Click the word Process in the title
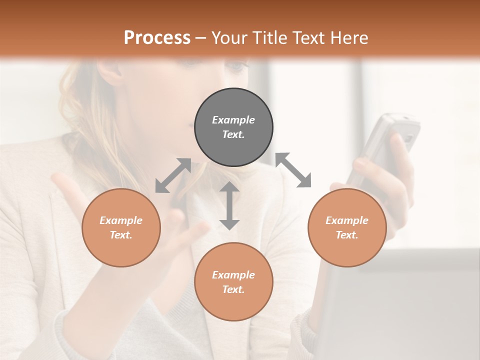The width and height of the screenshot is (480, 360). pyautogui.click(x=157, y=38)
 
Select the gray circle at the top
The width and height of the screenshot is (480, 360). pyautogui.click(x=233, y=127)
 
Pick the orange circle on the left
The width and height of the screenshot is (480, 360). pyautogui.click(x=121, y=227)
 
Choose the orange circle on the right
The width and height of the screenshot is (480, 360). pyautogui.click(x=347, y=227)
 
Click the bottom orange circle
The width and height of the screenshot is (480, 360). pyautogui.click(x=233, y=282)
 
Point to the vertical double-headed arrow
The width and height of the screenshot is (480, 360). pyautogui.click(x=229, y=206)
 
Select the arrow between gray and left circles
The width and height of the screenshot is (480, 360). pyautogui.click(x=173, y=175)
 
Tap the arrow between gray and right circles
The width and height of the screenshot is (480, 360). pyautogui.click(x=293, y=170)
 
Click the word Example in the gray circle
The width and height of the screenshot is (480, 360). pyautogui.click(x=233, y=120)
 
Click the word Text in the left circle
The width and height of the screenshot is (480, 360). pyautogui.click(x=121, y=235)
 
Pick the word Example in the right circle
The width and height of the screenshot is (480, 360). pyautogui.click(x=347, y=220)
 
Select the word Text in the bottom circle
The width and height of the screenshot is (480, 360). pyautogui.click(x=233, y=289)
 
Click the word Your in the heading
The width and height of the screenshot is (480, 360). pyautogui.click(x=229, y=38)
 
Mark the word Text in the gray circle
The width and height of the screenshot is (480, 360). pyautogui.click(x=233, y=134)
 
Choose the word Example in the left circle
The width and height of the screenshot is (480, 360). pyautogui.click(x=121, y=220)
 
